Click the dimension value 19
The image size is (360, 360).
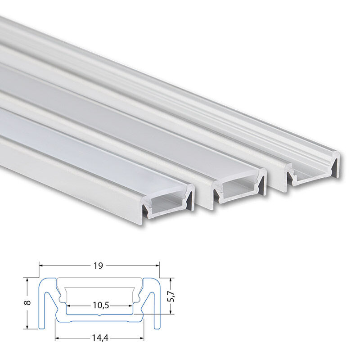(x=98, y=265)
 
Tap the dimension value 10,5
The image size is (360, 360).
(x=101, y=306)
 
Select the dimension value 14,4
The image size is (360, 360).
(x=100, y=338)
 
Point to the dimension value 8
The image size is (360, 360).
(x=27, y=302)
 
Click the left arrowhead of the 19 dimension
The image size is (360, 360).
(x=41, y=265)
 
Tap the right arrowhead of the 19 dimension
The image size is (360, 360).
(x=157, y=265)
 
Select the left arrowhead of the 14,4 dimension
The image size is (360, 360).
(x=57, y=338)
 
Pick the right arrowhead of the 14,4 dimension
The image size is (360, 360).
(x=142, y=338)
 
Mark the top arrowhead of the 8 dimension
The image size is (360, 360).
(x=27, y=280)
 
